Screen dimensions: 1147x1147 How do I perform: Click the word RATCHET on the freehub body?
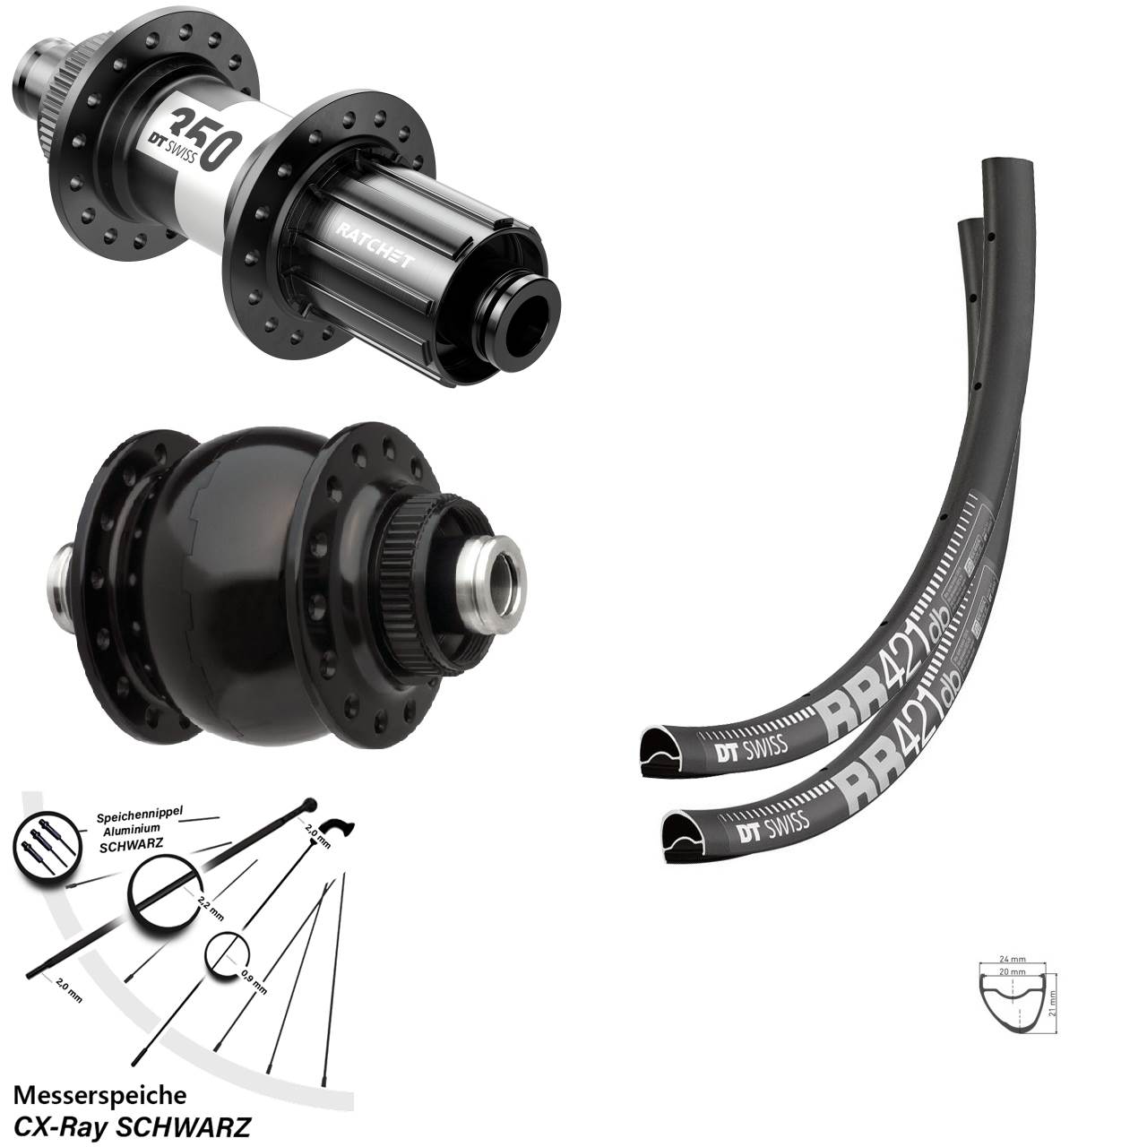coord(375,244)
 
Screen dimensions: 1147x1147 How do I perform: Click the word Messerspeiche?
coord(100,1095)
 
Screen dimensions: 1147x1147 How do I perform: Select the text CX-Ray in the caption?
coord(73,1125)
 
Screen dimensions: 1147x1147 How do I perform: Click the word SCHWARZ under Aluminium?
coord(125,846)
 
